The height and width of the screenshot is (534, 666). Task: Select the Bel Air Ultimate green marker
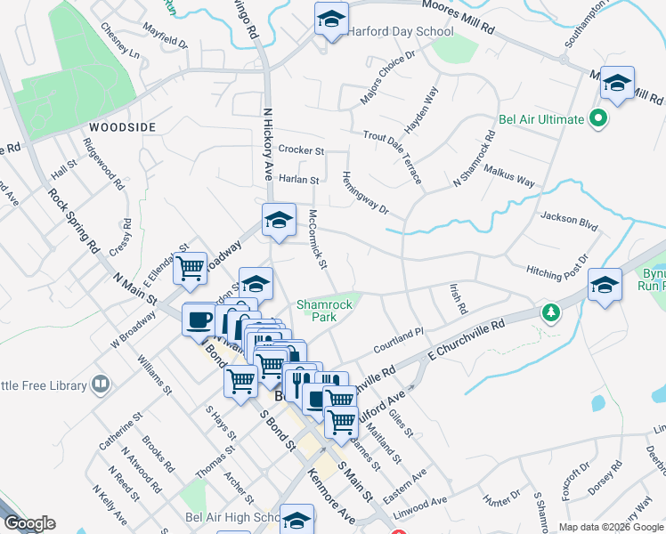tap(599, 118)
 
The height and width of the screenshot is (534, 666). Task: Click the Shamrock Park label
tap(325, 311)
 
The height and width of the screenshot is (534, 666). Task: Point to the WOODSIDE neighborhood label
tap(123, 127)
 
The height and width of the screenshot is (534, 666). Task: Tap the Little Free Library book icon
tap(101, 384)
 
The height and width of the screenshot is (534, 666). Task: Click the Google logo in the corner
tap(28, 523)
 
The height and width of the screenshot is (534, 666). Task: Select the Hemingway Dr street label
tap(366, 193)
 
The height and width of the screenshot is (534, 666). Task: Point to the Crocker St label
tap(301, 150)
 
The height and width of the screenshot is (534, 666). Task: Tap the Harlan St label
tap(298, 180)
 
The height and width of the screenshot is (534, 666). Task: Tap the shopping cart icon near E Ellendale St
tap(190, 267)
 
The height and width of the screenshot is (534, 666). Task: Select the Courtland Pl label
tap(398, 337)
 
